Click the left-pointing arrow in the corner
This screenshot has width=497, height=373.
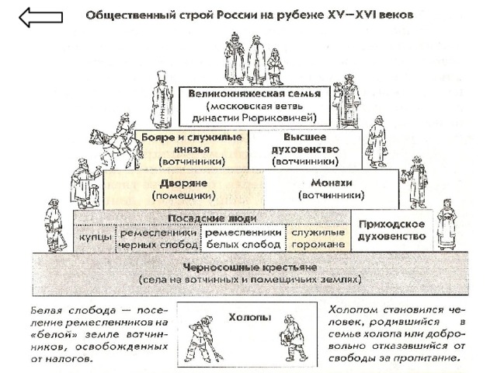click(40, 17)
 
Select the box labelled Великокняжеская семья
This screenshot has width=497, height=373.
click(255, 106)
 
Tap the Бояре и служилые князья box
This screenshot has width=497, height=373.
click(192, 149)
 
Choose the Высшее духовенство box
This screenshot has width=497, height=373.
click(305, 149)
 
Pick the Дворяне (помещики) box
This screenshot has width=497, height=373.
click(183, 190)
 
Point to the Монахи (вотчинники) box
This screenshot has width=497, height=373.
click(332, 190)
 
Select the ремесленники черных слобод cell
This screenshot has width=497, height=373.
click(158, 239)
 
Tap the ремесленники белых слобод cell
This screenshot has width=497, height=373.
click(243, 239)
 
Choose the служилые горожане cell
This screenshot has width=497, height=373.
click(318, 239)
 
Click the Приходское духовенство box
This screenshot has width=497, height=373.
click(391, 231)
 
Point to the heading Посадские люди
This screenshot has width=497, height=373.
click(212, 218)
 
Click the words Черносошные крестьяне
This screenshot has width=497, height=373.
click(250, 267)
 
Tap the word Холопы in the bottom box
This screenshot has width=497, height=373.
click(250, 317)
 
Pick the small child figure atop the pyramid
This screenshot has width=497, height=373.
click(275, 67)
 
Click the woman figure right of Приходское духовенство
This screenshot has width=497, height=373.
click(447, 225)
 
